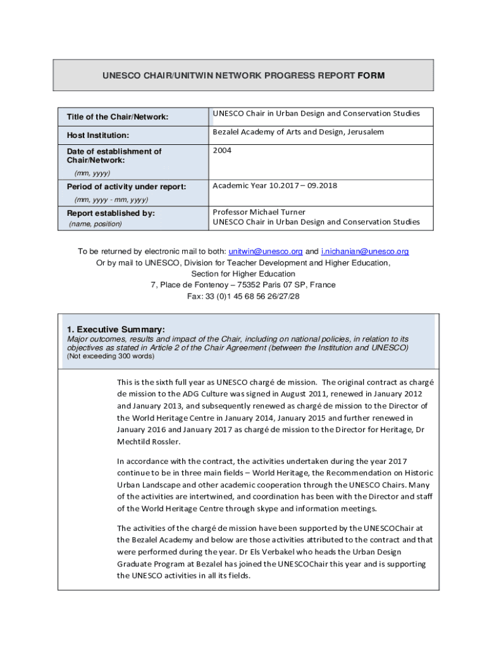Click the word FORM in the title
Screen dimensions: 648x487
[371, 75]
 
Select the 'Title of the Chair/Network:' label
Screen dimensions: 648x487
[117, 117]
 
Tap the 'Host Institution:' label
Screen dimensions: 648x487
[98, 135]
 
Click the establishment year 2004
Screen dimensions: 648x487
[223, 151]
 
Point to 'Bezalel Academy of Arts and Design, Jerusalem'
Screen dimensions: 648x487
[298, 132]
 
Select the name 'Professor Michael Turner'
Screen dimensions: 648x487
[259, 212]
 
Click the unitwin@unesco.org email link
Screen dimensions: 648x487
[266, 251]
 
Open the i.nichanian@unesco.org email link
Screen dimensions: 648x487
[365, 251]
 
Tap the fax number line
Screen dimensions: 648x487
[244, 296]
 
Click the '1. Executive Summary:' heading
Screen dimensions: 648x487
[116, 330]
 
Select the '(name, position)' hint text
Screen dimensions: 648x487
[95, 224]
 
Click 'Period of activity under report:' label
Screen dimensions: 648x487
[126, 187]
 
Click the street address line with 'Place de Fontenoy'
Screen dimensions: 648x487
[244, 285]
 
